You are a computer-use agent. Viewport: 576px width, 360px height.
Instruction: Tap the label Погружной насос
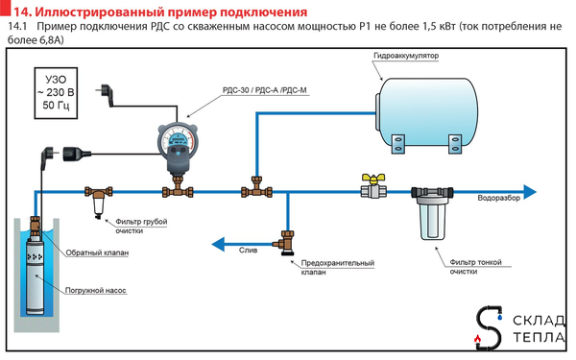coord(96,287)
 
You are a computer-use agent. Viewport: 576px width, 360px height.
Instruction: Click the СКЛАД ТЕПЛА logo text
coord(535,327)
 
